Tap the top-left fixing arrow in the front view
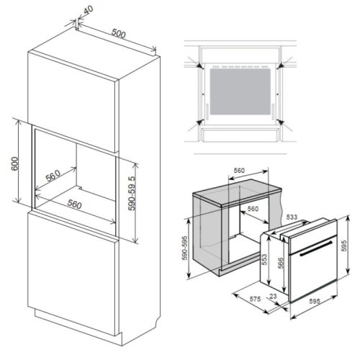[x=195, y=65]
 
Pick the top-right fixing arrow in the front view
[x=283, y=64]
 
